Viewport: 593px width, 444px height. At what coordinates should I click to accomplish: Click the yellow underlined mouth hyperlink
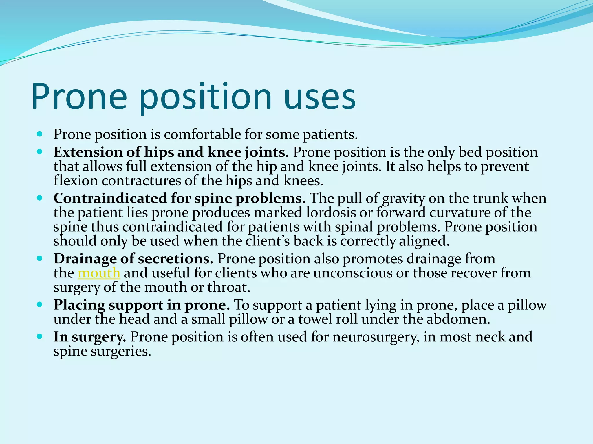pos(99,273)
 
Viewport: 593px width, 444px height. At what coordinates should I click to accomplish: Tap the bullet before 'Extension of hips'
pos(40,152)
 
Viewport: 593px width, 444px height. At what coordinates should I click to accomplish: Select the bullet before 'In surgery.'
pos(40,336)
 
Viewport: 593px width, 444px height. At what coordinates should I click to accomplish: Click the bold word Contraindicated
pos(110,198)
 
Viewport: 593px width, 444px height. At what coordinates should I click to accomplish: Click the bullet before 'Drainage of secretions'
pos(40,258)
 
